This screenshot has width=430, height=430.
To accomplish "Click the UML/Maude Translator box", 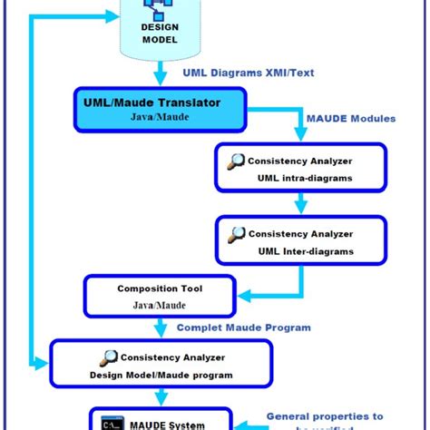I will tap(160, 110).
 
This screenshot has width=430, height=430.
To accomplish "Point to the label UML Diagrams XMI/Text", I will tap(248, 73).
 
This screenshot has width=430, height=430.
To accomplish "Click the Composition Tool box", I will tap(160, 297).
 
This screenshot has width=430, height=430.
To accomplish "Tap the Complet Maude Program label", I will tap(243, 327).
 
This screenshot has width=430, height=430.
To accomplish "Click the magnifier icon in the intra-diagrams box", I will tap(236, 161).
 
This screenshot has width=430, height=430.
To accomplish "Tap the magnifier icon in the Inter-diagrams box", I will tap(236, 233).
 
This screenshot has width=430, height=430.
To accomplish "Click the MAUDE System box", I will tap(160, 420).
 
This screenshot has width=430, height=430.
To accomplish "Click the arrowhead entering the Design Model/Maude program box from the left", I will tap(41, 366).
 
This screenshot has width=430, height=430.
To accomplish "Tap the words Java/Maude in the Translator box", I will tap(159, 118).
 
